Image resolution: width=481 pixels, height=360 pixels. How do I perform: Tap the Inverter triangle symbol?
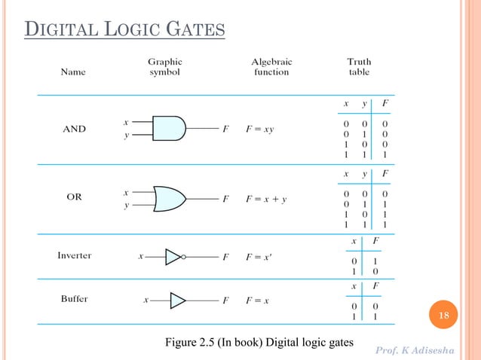(x=173, y=257)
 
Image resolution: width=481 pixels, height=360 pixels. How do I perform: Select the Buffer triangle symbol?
(x=177, y=301)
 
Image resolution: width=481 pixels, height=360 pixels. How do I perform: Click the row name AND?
(x=74, y=129)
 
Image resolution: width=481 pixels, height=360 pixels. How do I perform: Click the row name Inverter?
(x=75, y=256)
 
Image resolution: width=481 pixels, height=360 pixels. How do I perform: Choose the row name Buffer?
(x=74, y=300)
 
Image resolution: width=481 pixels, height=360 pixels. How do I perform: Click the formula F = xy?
(x=260, y=129)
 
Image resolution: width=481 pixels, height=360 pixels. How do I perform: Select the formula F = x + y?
(x=266, y=200)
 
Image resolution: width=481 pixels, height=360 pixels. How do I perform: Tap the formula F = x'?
(x=259, y=257)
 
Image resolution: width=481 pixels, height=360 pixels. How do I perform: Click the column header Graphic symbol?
(x=164, y=66)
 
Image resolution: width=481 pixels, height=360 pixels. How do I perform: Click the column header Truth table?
(x=359, y=66)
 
